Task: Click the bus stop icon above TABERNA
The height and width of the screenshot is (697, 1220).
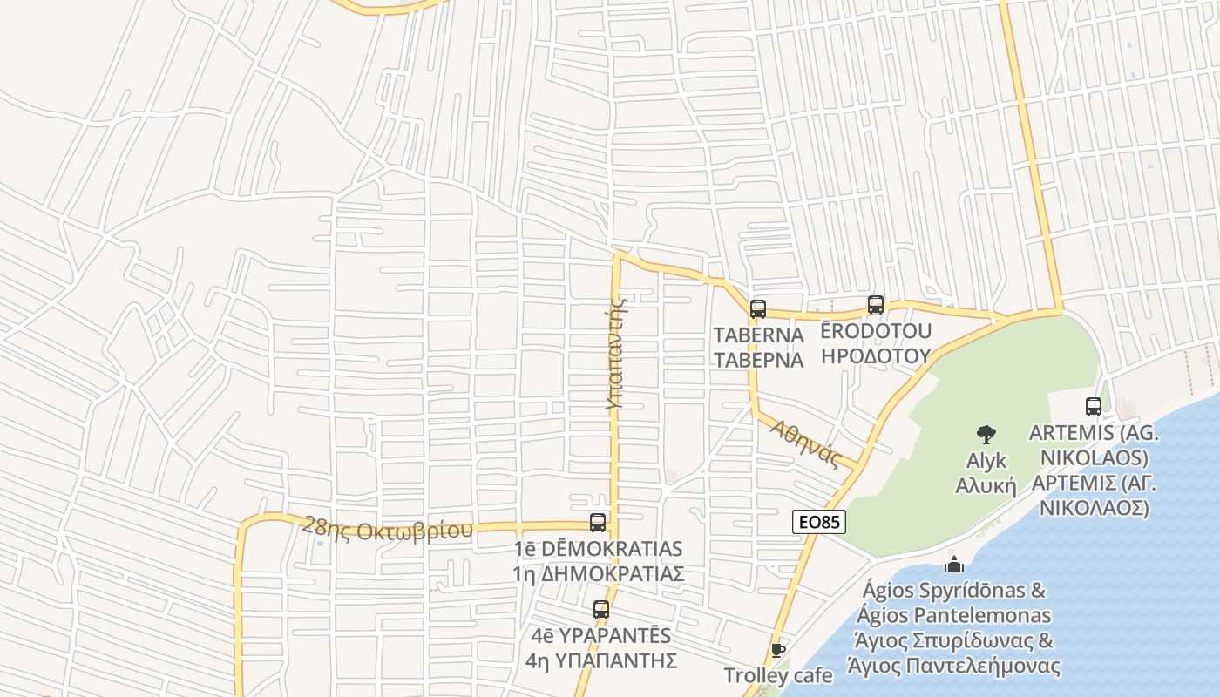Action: tap(758, 308)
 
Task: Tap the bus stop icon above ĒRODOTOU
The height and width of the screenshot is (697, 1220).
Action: tap(876, 305)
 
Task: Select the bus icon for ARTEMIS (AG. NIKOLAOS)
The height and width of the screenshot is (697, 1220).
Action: tap(1094, 407)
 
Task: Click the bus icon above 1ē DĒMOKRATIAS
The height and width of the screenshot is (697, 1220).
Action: tap(598, 523)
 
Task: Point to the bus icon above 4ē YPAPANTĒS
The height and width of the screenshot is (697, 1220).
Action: tap(601, 610)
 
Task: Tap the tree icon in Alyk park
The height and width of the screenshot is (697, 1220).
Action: tap(986, 434)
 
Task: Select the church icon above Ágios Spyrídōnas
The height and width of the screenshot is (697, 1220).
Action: tap(954, 565)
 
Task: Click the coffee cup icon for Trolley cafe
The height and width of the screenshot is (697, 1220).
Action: tap(778, 650)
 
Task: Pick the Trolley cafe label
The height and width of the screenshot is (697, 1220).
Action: tap(778, 675)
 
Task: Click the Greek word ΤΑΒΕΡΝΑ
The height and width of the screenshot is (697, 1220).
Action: tap(758, 360)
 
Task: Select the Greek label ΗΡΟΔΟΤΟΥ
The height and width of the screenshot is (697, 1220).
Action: tap(876, 355)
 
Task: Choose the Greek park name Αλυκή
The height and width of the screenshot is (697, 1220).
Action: tap(986, 485)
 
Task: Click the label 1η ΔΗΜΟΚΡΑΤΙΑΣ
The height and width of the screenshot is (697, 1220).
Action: tap(598, 574)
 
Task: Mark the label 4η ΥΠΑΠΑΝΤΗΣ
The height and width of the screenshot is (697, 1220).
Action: tap(601, 660)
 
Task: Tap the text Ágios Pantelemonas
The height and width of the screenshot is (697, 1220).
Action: tap(954, 615)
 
